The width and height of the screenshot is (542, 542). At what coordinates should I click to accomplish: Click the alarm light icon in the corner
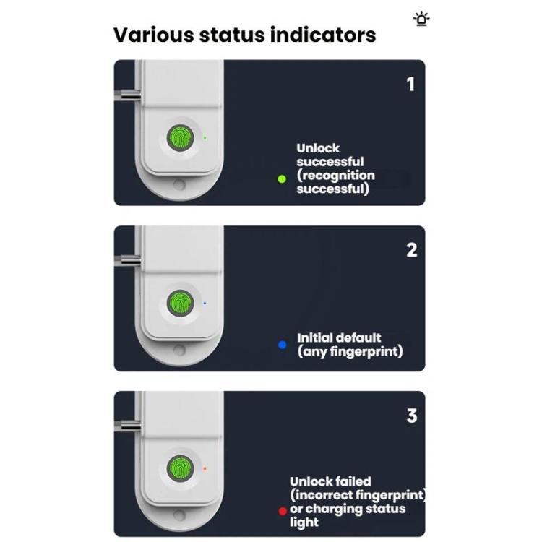[x=421, y=19]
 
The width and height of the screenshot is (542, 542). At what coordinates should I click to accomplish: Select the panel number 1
[x=410, y=85]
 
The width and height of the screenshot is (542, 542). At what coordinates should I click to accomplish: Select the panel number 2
[x=411, y=250]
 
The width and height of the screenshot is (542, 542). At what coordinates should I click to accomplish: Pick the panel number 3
[x=411, y=416]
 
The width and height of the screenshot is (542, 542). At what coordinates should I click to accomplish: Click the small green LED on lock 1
[x=205, y=137]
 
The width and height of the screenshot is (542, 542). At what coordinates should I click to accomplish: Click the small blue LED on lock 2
[x=205, y=303]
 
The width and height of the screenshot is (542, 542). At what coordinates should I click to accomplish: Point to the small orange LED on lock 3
[x=205, y=468]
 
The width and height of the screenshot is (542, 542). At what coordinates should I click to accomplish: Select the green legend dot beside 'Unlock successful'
[x=282, y=178]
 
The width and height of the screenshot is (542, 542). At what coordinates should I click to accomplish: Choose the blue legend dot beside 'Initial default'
[x=283, y=345]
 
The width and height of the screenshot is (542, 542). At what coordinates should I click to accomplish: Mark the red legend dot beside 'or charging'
[x=283, y=511]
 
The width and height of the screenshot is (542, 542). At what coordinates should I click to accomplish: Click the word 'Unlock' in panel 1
[x=318, y=148]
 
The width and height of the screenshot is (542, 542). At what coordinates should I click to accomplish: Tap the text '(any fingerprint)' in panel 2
[x=350, y=352]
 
